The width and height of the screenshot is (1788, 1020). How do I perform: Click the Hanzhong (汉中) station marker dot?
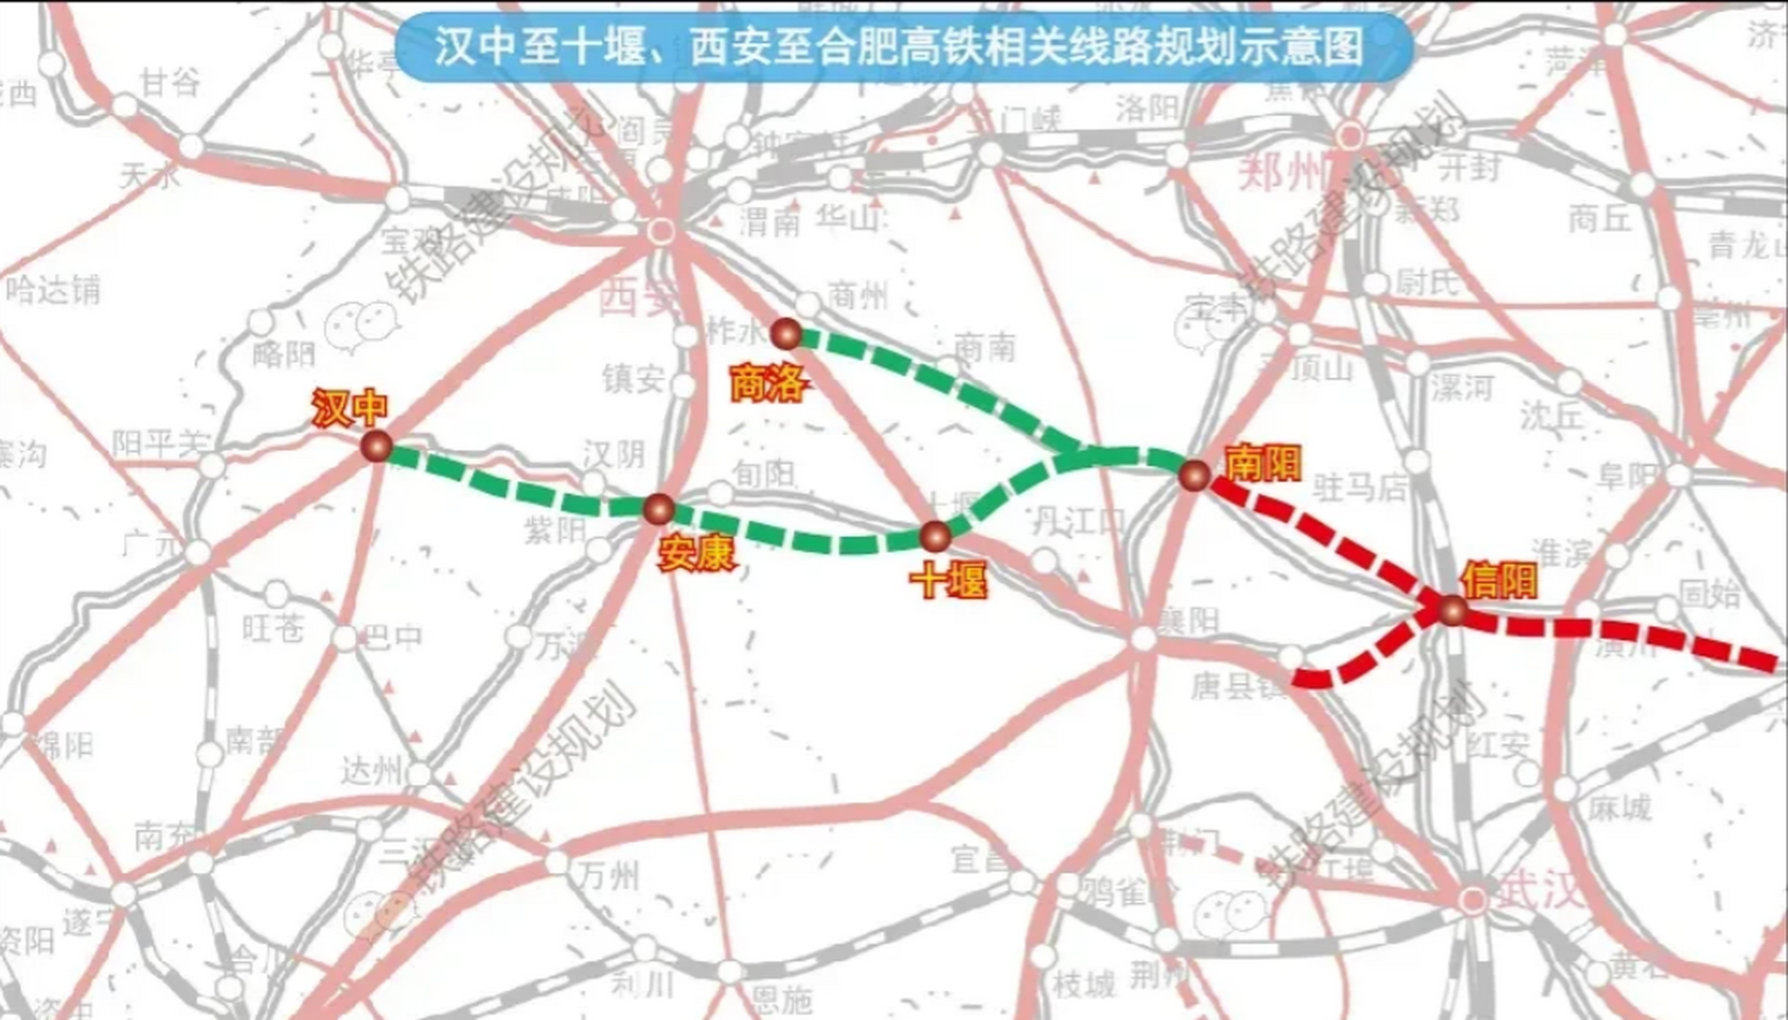[x=376, y=446]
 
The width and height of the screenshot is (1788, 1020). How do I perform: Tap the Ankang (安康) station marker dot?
[x=659, y=508]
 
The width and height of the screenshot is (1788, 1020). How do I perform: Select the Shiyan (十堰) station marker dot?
[x=935, y=537]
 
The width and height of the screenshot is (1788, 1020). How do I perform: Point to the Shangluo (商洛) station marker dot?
[x=786, y=334]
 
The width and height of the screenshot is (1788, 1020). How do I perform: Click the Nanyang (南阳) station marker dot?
[x=1195, y=475]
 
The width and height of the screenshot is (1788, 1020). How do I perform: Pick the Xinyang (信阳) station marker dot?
[x=1453, y=610]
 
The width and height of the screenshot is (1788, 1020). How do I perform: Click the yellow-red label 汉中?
[x=349, y=408]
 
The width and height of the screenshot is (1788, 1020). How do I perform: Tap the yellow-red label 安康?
[x=696, y=553]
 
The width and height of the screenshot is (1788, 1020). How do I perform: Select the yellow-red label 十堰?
[x=948, y=581]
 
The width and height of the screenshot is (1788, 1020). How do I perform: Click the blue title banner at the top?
[x=903, y=46]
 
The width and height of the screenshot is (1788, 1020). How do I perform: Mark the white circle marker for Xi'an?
[x=661, y=232]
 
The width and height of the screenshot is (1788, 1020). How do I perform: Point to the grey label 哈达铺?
[x=54, y=289]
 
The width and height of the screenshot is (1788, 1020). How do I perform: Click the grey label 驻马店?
[x=1359, y=487]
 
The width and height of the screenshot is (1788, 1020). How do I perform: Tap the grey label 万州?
[x=609, y=877]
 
